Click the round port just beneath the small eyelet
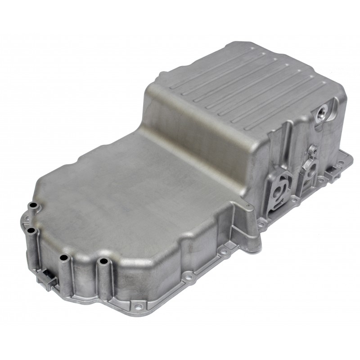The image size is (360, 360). tap(310, 165)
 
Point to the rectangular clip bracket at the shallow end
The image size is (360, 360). tap(48, 279)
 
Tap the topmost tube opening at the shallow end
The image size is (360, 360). tap(32, 207)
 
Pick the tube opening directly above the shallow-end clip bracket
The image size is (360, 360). tap(64, 258)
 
